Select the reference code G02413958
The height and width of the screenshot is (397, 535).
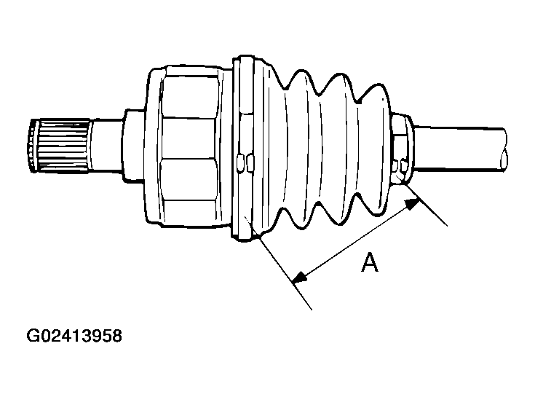74,337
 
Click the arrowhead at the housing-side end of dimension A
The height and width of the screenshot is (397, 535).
298,276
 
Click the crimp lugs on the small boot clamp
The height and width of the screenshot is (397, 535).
399,170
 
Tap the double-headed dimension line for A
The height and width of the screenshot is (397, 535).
356,240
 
